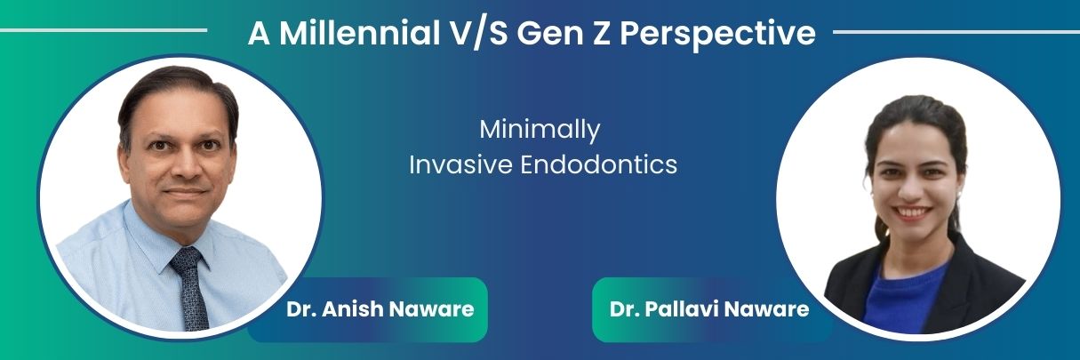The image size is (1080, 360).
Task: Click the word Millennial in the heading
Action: tap(359, 33)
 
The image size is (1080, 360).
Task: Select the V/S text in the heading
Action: tap(477, 34)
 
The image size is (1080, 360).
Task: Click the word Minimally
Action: tap(540, 130)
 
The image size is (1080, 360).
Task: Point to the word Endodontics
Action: tap(598, 164)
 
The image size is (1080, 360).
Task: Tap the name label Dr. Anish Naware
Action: tap(380, 309)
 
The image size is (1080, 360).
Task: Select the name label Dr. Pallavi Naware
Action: tap(709, 309)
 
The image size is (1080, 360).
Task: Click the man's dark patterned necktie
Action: tap(191, 289)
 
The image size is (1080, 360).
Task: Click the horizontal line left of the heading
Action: tap(104, 30)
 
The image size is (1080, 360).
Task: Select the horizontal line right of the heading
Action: tap(956, 32)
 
